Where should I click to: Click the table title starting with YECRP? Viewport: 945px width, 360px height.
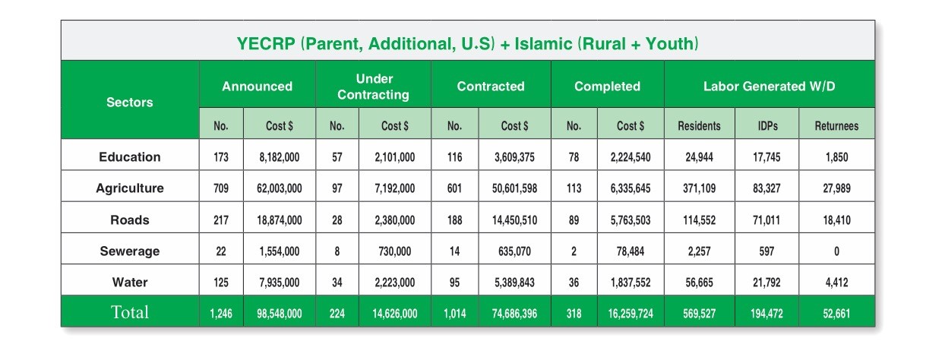pos(467,43)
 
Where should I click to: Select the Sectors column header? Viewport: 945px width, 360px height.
pos(130,102)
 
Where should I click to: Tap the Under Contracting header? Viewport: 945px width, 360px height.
pos(373,87)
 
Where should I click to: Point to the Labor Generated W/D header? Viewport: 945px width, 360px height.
pos(769,87)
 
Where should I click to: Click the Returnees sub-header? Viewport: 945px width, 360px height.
pos(836,126)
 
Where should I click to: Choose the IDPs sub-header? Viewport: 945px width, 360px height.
pos(766,126)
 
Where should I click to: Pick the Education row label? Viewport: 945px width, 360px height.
pos(130,157)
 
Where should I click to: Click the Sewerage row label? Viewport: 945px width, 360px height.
pos(130,251)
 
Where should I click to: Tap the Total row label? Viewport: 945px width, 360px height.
pos(130,312)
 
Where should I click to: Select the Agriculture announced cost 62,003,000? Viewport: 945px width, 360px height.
pos(280,189)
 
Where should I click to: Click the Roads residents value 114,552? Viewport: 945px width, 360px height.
pos(699,220)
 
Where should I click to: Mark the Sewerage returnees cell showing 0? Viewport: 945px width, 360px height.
pos(836,251)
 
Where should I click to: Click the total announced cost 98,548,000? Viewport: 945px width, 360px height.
pos(280,313)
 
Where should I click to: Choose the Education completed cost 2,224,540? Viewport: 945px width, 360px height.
pos(631,158)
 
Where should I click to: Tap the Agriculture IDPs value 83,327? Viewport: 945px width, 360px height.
pos(766,189)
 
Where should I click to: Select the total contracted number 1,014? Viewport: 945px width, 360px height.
pos(454,313)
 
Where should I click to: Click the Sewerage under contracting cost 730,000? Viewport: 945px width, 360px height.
pos(395,251)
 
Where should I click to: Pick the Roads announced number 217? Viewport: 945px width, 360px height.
pos(221,220)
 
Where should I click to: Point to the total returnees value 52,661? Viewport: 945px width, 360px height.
pos(836,313)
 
